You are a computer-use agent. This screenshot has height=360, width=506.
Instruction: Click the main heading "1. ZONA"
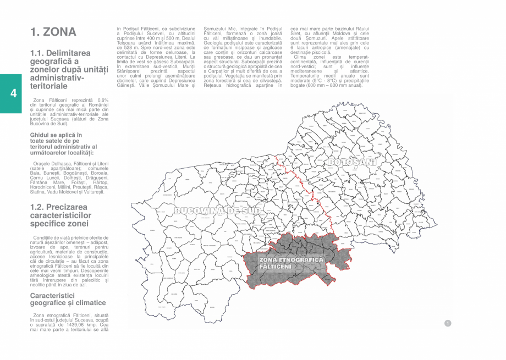pyautogui.click(x=53, y=32)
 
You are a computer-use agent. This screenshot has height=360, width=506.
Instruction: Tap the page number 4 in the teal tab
pyautogui.click(x=13, y=93)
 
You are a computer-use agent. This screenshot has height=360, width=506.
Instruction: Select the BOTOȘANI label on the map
pyautogui.click(x=351, y=162)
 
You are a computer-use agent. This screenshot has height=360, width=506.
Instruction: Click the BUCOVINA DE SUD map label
pyautogui.click(x=217, y=211)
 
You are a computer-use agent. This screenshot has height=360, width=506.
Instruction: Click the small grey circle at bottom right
pyautogui.click(x=448, y=323)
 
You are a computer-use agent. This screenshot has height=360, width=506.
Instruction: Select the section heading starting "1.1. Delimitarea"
pyautogui.click(x=61, y=69)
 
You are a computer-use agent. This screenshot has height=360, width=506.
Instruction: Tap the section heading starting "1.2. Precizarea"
pyautogui.click(x=61, y=215)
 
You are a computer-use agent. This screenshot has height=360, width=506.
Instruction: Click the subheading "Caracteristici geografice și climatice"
pyautogui.click(x=68, y=299)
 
